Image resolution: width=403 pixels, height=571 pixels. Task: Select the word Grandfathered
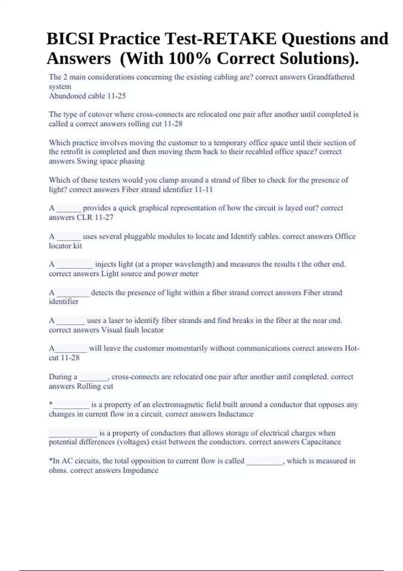[x=331, y=77]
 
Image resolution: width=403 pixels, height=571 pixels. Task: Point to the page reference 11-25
[x=116, y=96]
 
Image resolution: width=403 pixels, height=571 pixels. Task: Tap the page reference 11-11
[x=204, y=189]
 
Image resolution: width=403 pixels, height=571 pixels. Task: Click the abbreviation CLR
[x=84, y=217]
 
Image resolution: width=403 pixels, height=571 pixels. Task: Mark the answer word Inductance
[x=235, y=414]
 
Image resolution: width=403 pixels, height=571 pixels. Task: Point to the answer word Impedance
[x=140, y=470]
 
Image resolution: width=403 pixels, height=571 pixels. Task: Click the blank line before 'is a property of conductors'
[x=73, y=435]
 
